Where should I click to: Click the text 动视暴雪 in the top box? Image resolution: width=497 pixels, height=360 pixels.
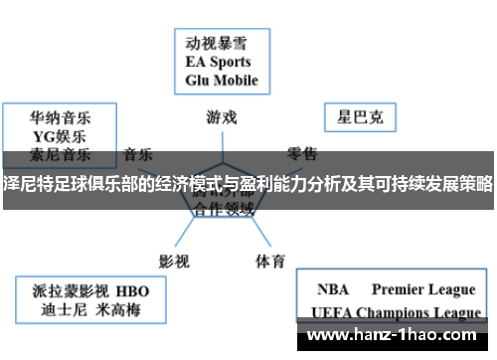coord(216,43)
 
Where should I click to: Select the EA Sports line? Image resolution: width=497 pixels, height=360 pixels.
coord(219,61)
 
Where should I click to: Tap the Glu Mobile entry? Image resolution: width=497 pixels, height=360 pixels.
coord(222,80)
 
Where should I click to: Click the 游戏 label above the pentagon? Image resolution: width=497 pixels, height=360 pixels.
coord(222,116)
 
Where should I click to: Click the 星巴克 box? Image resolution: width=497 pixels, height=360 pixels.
coord(361,118)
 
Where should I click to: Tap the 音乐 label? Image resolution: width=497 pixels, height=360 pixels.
coord(138,154)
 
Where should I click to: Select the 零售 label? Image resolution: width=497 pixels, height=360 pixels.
coord(303,154)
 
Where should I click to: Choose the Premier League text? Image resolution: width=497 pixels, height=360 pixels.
coord(423,289)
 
